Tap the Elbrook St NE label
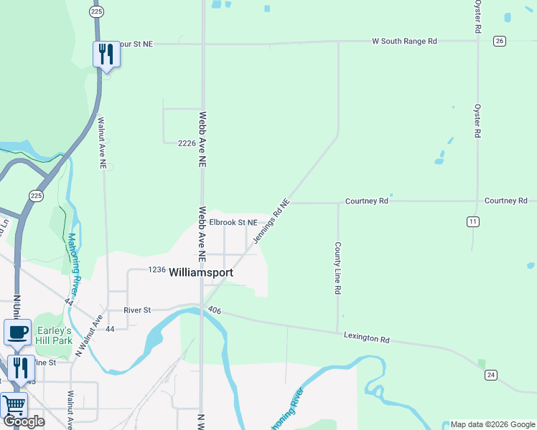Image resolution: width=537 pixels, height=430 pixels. click(x=233, y=223)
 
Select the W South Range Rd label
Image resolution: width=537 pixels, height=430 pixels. click(x=404, y=42)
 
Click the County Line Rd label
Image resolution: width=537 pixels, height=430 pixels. click(x=337, y=268)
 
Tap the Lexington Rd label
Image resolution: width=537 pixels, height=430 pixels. click(x=366, y=336)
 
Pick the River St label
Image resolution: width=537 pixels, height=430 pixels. click(x=137, y=310)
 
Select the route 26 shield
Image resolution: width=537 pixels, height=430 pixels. click(x=500, y=41)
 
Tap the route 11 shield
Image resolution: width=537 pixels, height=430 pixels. click(x=472, y=221)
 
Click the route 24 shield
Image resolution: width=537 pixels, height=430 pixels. click(x=491, y=375)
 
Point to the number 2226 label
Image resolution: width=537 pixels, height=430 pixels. click(x=187, y=143)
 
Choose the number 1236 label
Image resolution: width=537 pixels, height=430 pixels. click(x=157, y=269)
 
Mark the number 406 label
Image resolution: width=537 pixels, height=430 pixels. click(x=214, y=310)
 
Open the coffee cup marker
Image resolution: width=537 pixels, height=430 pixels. click(x=17, y=333)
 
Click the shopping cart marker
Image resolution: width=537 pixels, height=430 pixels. click(x=13, y=405)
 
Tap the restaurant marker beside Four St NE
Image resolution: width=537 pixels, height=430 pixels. click(x=106, y=54)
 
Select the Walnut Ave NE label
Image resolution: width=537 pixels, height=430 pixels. click(x=103, y=143)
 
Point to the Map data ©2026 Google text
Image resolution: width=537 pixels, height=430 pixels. click(x=492, y=424)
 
